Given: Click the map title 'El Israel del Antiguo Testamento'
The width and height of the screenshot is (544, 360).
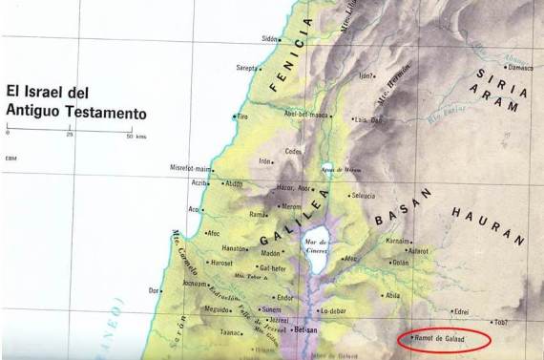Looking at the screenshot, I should point(75,102).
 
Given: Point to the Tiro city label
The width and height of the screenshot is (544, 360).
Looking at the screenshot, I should point(243,116).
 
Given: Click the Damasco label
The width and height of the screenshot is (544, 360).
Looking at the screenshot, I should point(519,68).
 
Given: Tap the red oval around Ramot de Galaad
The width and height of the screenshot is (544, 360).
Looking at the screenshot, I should point(445,337).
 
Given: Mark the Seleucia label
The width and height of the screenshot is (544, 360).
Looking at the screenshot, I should point(363,196).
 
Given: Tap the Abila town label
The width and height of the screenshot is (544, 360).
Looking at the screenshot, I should point(392,295).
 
